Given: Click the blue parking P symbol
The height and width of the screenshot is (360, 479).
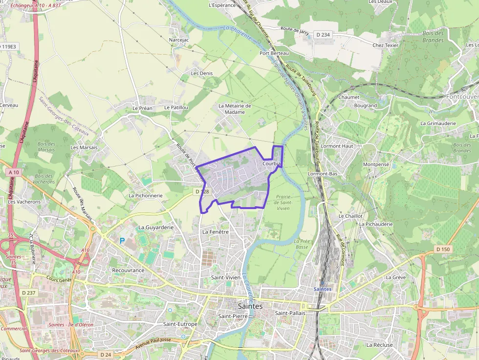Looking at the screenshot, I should [x=122, y=240].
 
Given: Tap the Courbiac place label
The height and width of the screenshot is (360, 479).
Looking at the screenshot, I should [x=272, y=164].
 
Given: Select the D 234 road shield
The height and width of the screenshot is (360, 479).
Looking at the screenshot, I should [x=323, y=34].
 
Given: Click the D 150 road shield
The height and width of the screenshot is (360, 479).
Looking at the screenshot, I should [x=442, y=250].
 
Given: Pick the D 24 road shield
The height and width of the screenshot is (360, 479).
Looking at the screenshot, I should [x=105, y=354].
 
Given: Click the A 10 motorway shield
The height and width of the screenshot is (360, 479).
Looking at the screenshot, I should [x=14, y=172].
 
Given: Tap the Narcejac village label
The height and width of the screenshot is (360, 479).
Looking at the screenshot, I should [x=178, y=40].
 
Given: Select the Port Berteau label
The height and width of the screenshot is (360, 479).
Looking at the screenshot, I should [x=274, y=53].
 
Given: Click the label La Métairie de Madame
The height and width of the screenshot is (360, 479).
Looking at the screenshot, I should [x=235, y=108].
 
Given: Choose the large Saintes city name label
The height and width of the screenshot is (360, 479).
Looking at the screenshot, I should [x=250, y=306].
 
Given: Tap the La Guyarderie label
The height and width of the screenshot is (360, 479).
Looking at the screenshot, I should [x=156, y=227].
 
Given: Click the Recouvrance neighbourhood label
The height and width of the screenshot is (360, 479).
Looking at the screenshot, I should [x=128, y=270].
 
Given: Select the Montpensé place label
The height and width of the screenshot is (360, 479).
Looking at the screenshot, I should [x=376, y=165].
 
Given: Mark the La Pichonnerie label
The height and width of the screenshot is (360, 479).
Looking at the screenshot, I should [x=145, y=195].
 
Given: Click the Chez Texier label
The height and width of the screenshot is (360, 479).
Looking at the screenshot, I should [x=386, y=45].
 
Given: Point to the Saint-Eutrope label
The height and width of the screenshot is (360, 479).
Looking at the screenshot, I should [x=180, y=324].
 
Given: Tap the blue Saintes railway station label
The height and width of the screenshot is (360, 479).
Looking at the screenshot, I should [x=323, y=289].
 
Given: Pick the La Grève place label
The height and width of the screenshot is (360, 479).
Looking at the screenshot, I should [x=396, y=277].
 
